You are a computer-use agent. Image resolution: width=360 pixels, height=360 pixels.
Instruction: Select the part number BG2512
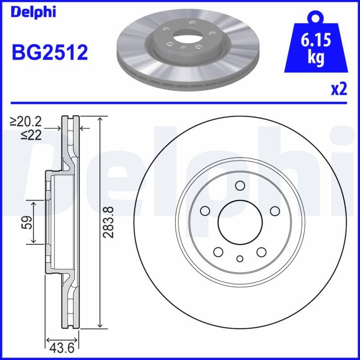pos(49,53)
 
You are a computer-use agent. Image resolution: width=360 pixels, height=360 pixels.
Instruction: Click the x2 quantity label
pos(338,90)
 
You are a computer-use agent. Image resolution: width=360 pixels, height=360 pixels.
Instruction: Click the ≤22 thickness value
pos(31,135)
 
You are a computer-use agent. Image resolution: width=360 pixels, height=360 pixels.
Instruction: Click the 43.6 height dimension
pos(63,348)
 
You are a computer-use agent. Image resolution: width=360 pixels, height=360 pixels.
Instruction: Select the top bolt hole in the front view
pos(240,185)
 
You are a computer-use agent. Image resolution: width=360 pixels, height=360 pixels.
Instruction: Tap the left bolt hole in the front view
pos(205,211)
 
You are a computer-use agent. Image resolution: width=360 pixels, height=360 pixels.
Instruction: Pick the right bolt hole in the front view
pos(274,211)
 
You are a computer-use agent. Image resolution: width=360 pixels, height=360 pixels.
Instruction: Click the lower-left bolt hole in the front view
pos(219,252)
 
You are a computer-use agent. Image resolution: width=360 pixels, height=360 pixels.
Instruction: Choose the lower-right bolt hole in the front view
pos(261,252)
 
